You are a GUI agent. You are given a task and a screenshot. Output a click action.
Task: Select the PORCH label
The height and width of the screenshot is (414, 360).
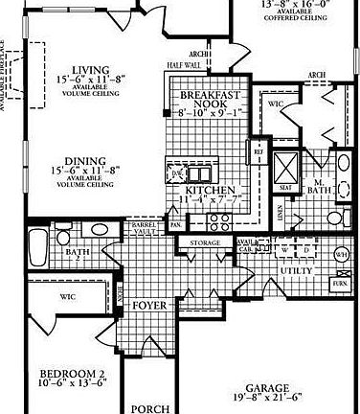click(147, 406)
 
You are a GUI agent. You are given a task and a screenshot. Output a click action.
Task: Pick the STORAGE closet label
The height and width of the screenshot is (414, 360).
click(205, 244)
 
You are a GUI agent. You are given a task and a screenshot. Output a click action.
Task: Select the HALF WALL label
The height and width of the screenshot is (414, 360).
click(183, 65)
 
